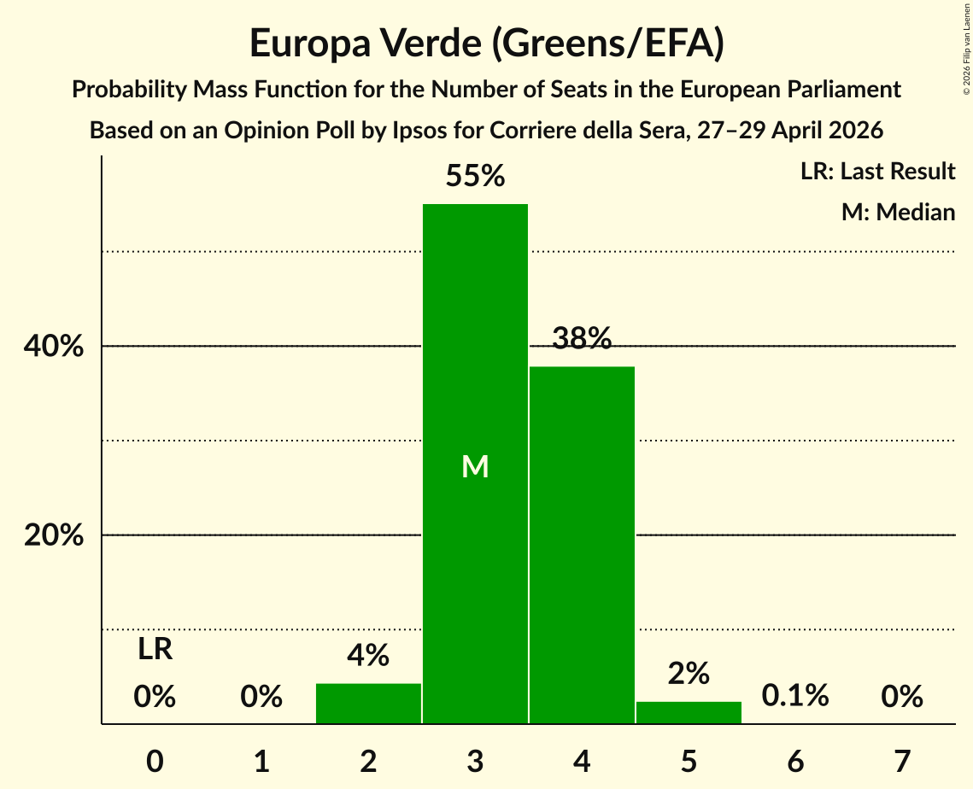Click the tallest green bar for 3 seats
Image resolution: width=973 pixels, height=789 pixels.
pos(475,464)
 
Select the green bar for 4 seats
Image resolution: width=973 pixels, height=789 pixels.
pos(582,545)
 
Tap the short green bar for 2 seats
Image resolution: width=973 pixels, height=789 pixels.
pos(368,704)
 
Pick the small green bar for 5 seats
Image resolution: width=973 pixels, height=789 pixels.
pos(689,713)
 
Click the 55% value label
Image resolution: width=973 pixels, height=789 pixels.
pos(475,176)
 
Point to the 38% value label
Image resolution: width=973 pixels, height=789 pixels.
pos(582,338)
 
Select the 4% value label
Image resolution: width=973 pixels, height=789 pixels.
pos(368,655)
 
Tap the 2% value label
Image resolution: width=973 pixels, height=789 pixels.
pos(689,674)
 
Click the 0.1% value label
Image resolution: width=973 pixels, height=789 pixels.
pos(795,696)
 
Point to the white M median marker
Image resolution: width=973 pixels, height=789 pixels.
pos(475,466)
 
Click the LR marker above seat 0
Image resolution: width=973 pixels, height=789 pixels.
pos(155,650)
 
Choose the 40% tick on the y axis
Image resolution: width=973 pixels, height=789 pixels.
pos(53,346)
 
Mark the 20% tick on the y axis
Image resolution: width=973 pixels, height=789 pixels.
pos(53,535)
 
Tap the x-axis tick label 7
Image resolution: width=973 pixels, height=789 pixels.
pos(902,761)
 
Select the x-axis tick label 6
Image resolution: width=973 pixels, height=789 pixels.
pos(795,761)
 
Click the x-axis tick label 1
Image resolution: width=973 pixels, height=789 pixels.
pos(262,761)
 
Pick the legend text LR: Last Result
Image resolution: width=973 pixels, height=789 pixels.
pos(878,171)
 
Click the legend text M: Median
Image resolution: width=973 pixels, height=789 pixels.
pos(899,212)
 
